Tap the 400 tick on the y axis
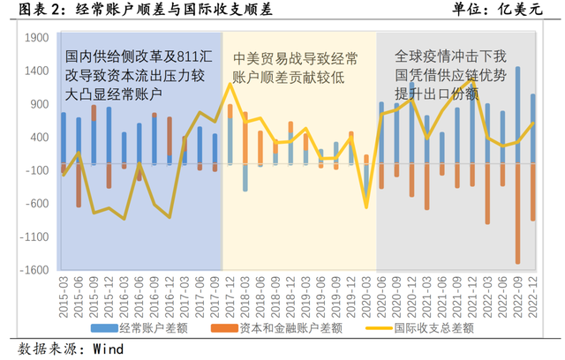pos(40,138)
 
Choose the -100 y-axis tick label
pos(37,170)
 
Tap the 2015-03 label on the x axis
pos(64,291)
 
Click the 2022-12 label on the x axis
pos(532,291)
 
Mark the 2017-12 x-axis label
pos(230,291)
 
